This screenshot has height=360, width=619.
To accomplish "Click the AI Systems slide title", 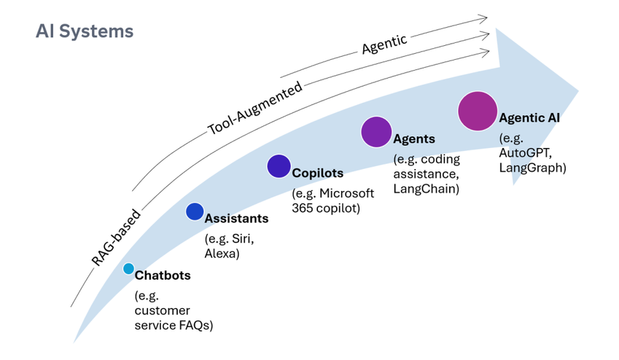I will [85, 31].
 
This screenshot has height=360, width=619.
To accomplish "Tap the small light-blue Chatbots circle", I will [128, 269].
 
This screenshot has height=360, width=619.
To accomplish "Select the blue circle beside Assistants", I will [195, 211].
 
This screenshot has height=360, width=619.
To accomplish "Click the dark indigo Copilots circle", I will [279, 166].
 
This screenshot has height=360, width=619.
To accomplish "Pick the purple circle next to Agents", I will [376, 132].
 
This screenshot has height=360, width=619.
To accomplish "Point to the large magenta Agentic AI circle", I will [478, 111].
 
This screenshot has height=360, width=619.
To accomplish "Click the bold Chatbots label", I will [163, 275].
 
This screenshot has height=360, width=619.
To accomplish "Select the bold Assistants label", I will [236, 218].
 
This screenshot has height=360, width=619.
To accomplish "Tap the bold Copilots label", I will [317, 173].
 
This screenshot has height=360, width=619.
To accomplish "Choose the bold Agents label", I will [414, 138].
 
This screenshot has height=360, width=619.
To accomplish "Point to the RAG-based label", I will [117, 238].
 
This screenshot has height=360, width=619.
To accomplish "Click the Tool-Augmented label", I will [255, 109].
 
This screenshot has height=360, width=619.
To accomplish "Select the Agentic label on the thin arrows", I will [384, 44].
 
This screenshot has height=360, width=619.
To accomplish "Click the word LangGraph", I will [532, 168].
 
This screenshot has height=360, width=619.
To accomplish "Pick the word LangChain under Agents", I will [426, 189].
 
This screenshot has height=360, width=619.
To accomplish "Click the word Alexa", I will [222, 254].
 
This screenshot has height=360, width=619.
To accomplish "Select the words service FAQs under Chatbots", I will [174, 325].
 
